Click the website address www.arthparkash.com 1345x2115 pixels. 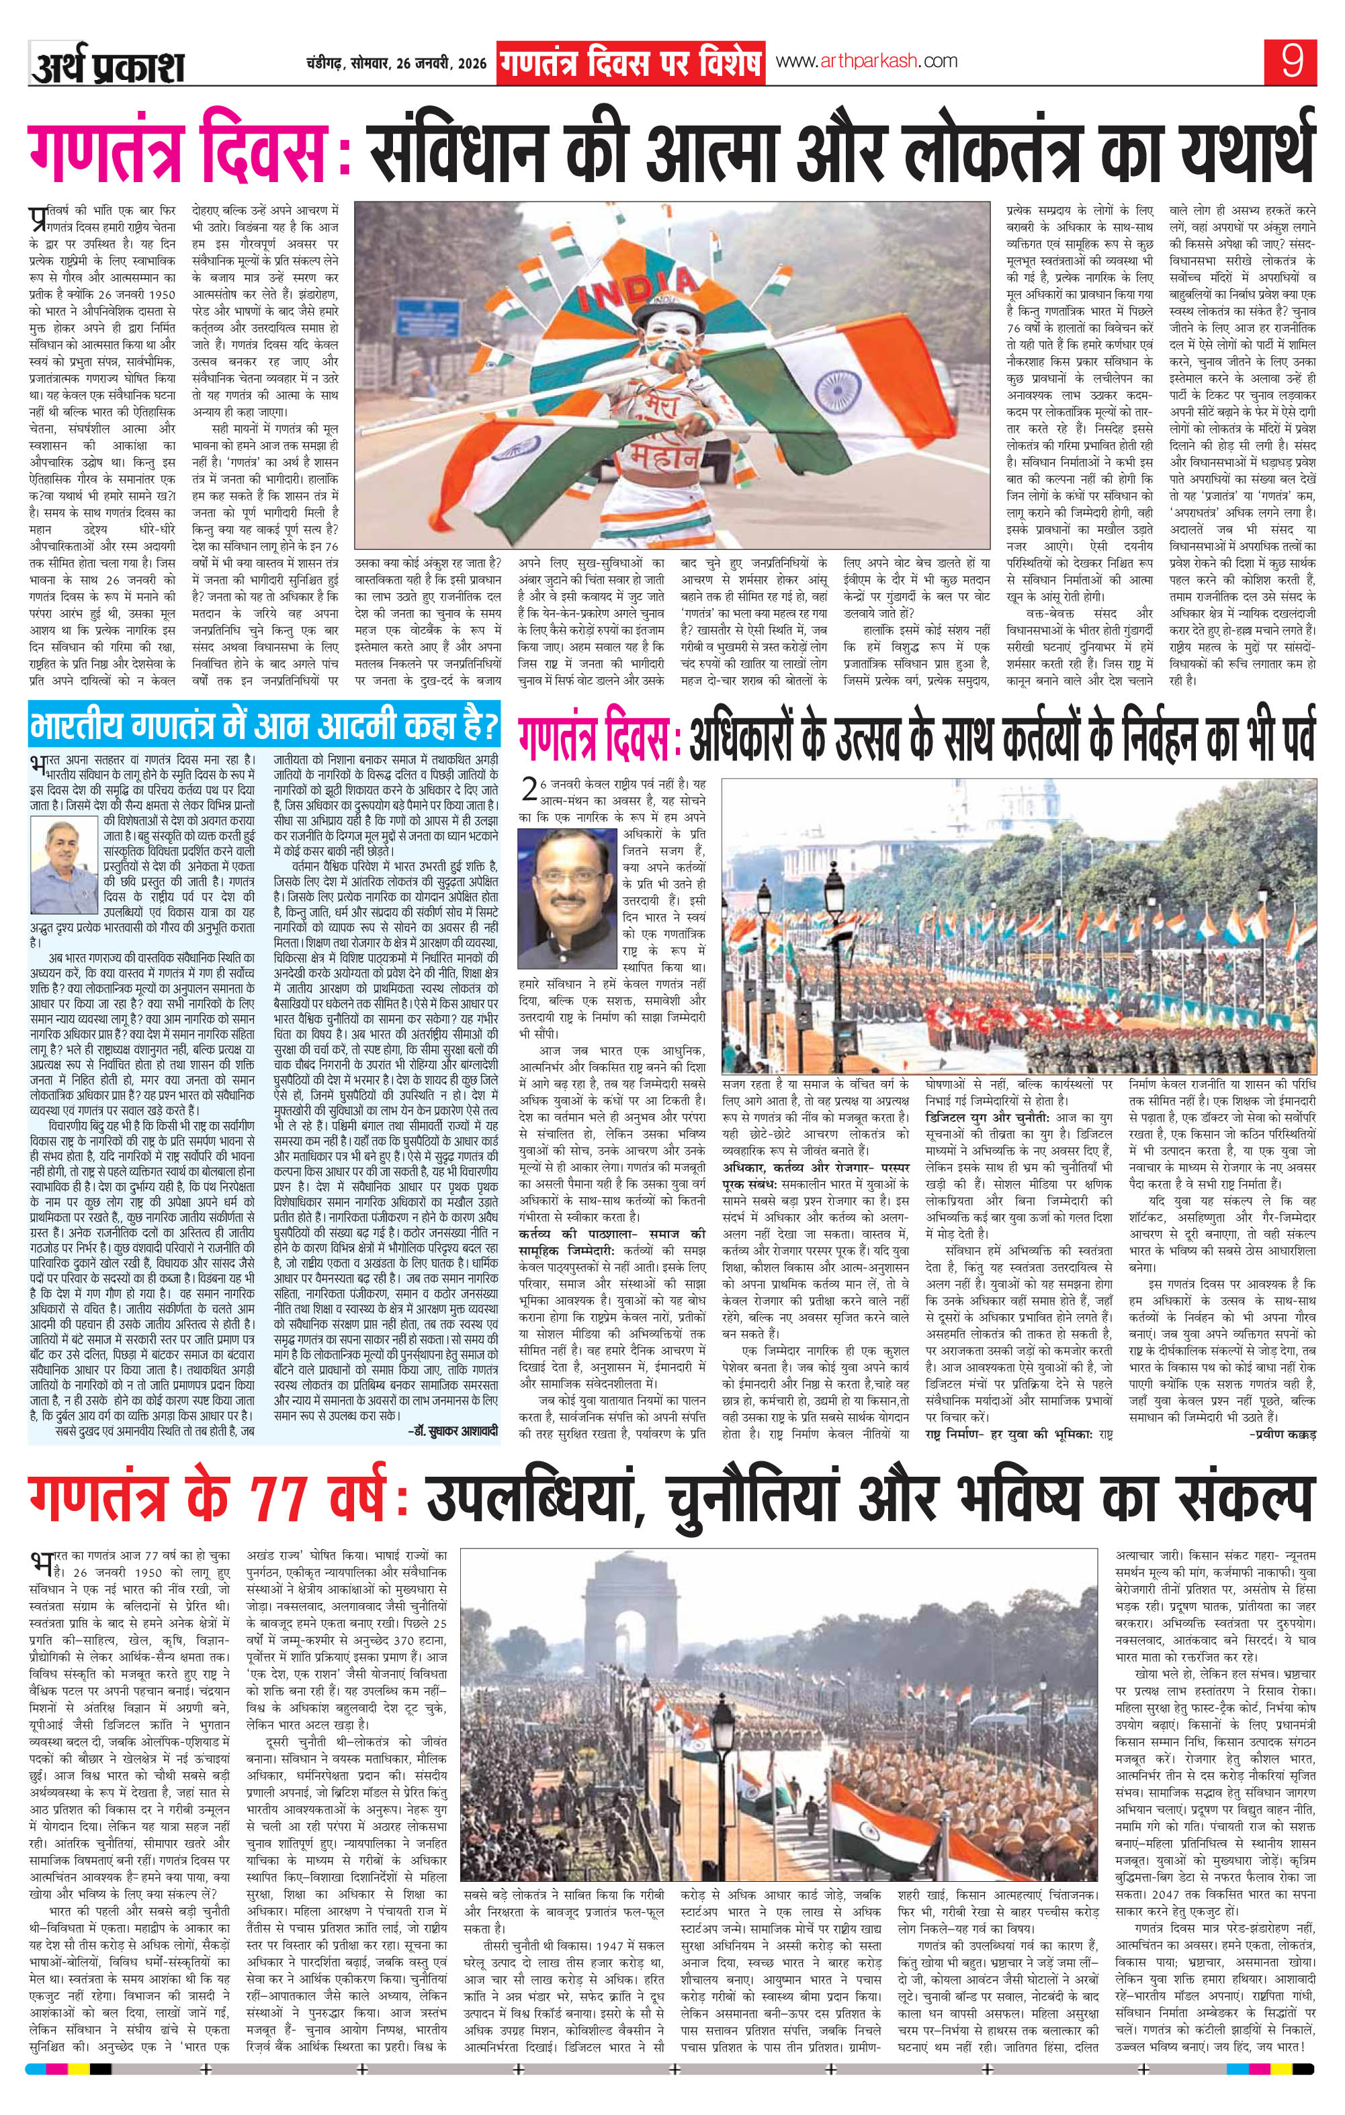point(866,62)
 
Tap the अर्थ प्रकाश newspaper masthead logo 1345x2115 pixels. point(107,67)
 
